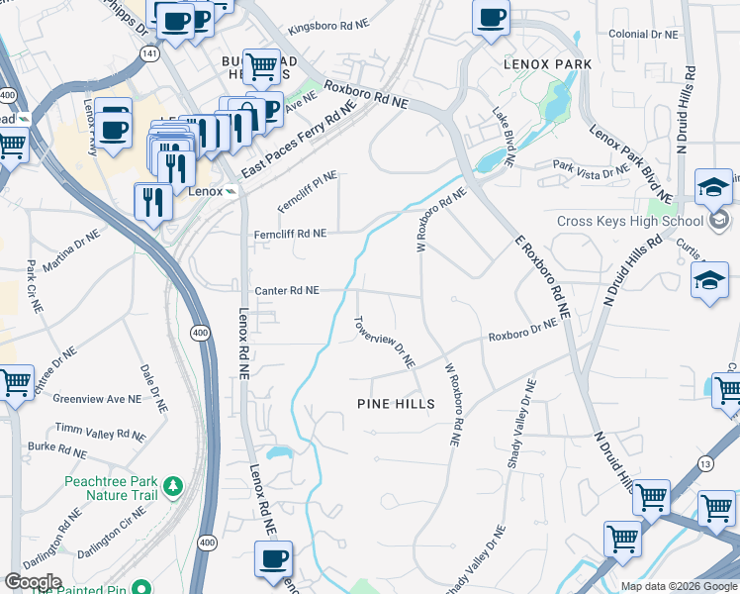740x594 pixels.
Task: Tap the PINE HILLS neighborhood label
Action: point(396,404)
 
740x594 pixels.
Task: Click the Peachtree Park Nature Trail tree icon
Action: point(174,485)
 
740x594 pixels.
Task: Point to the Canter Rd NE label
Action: point(287,291)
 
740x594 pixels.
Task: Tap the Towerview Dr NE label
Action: point(384,343)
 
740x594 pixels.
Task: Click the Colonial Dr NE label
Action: point(643,34)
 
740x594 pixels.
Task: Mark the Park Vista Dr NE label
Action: point(591,169)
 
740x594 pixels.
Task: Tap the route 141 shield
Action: point(147,55)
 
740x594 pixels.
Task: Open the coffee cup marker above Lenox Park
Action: point(490,18)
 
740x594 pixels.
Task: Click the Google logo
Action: point(33,582)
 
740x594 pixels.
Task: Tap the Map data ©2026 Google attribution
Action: point(679,586)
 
